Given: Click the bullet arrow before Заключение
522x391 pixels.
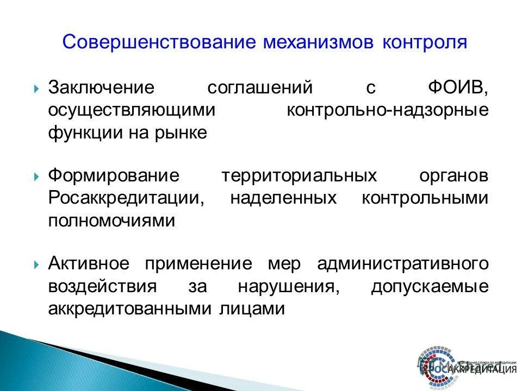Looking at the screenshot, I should (36, 88).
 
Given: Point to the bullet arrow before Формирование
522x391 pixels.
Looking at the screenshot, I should (36, 176).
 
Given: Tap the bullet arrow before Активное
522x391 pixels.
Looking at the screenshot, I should (36, 265).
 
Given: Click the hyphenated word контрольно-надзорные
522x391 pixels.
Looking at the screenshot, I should (387, 110).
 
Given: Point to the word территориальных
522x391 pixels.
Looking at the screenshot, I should (299, 176).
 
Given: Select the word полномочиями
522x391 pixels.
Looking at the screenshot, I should (111, 222).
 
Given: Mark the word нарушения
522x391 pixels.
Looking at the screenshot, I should (289, 287).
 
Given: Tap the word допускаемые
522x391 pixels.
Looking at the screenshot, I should (430, 287).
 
